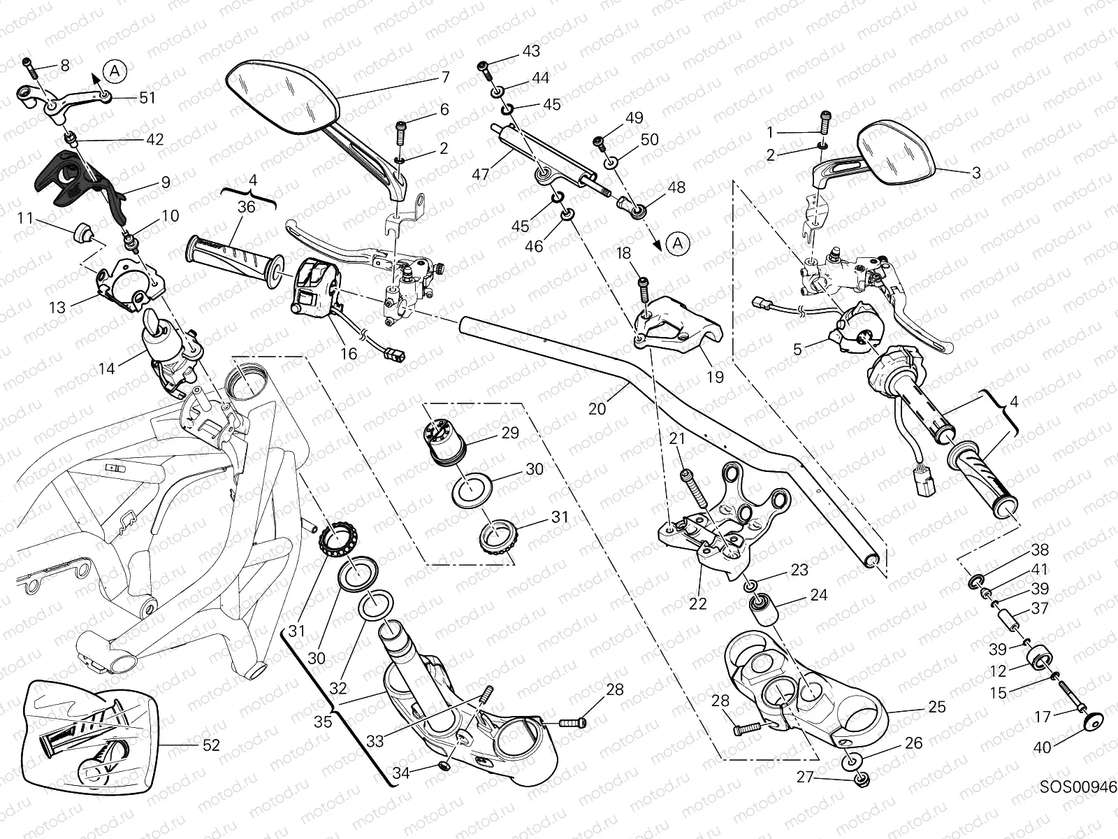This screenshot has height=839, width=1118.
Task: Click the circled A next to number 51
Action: (x=115, y=69)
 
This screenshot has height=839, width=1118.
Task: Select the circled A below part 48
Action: (x=677, y=243)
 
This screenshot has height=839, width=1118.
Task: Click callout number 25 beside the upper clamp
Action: (x=937, y=707)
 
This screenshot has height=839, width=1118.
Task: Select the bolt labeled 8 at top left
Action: (x=29, y=67)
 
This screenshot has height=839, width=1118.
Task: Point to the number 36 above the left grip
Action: (x=246, y=206)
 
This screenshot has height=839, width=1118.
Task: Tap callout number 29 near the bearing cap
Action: (x=510, y=433)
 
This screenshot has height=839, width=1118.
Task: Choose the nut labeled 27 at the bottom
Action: (x=862, y=777)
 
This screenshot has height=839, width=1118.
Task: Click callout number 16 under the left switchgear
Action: (x=348, y=354)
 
